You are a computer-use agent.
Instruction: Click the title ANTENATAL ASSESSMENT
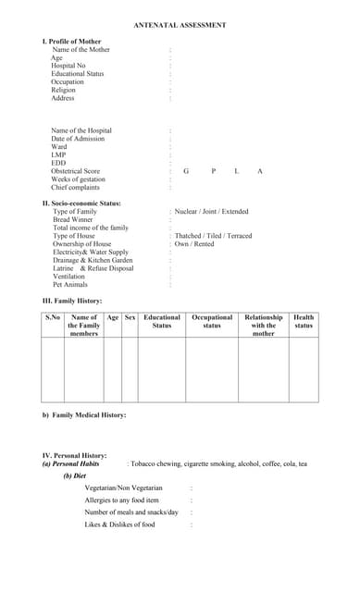180,26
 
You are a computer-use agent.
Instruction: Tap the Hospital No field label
68,66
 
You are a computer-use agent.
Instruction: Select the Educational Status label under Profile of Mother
77,74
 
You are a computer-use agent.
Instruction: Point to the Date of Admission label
78,139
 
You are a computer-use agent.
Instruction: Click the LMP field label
58,154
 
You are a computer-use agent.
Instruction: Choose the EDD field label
58,163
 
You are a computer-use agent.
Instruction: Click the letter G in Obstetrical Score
186,171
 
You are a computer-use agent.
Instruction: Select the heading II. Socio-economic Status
81,203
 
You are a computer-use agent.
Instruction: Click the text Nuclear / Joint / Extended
211,212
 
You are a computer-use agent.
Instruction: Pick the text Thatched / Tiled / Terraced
213,236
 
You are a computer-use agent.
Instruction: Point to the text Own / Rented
194,244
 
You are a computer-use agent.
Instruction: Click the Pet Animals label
70,285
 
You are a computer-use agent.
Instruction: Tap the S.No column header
53,317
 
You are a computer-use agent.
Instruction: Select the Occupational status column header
212,321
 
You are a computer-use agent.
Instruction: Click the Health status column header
304,321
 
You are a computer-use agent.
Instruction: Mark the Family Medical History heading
84,414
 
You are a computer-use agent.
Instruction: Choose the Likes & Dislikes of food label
119,524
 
